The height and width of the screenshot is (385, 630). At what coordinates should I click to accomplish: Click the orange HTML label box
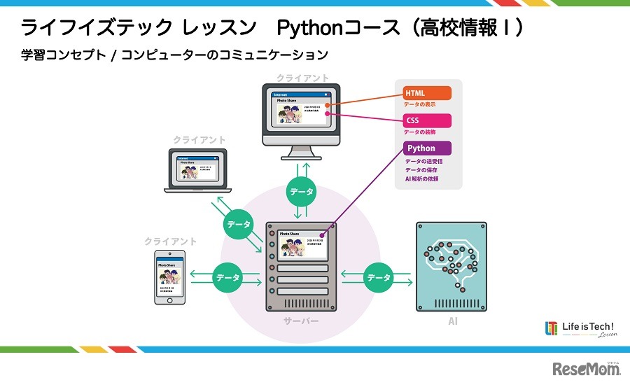point(427,93)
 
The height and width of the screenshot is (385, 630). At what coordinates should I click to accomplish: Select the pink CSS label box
point(427,120)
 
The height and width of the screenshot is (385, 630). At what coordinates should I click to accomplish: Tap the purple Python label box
point(427,148)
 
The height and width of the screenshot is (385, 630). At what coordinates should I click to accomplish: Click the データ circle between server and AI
point(379,277)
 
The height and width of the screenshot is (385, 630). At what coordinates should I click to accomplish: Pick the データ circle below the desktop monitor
point(302,191)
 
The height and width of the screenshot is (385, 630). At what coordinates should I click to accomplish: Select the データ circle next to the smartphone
point(228,277)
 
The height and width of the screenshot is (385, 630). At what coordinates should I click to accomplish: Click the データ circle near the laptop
point(239,225)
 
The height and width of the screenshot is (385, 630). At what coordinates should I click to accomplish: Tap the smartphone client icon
point(170,277)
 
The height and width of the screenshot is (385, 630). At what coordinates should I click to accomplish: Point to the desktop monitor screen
point(301,112)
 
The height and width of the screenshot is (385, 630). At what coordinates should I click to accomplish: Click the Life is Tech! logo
point(580,329)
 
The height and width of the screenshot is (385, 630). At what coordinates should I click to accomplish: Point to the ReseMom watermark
point(587,369)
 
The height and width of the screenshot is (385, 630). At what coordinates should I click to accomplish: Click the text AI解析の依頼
point(422,179)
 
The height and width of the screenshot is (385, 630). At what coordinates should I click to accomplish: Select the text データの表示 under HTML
point(420,104)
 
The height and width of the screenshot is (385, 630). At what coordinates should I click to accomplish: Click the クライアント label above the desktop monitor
point(302,78)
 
